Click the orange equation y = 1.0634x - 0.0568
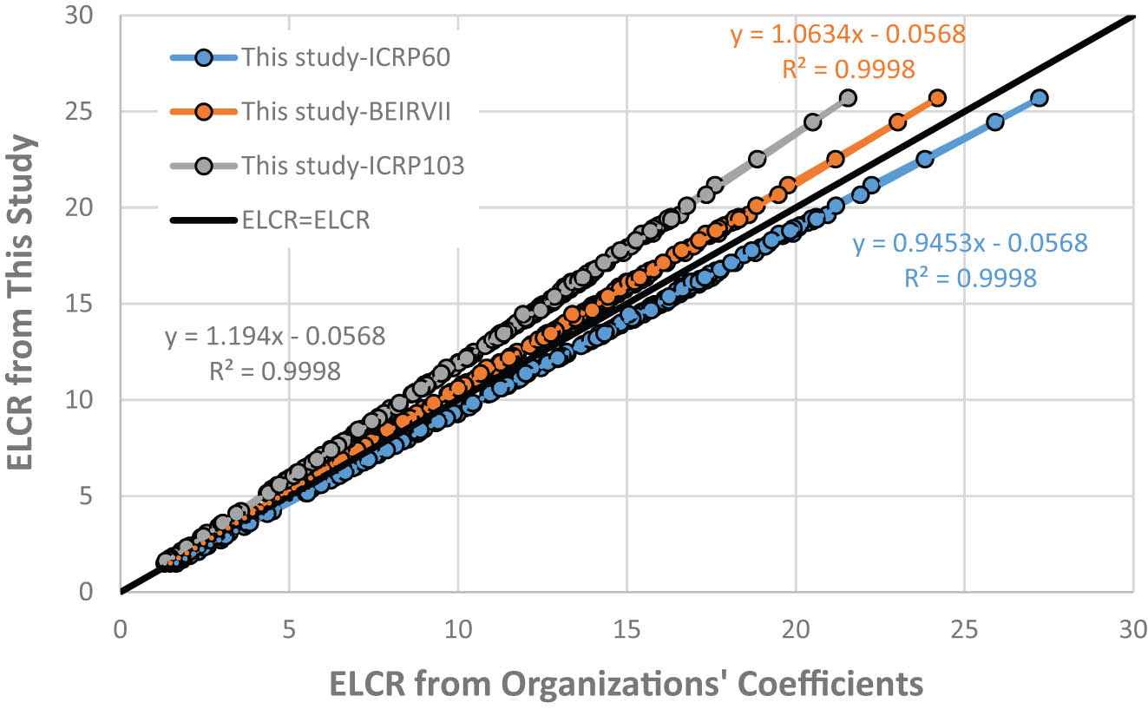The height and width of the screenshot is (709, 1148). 847,35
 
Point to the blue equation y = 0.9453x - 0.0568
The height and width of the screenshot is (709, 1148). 969,243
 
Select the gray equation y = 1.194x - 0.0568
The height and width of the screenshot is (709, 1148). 275,337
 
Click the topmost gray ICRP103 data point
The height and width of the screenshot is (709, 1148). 848,98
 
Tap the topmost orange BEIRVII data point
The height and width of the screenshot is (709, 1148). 937,98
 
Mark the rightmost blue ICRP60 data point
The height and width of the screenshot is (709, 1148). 1039,98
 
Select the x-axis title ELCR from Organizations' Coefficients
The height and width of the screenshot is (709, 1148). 626,684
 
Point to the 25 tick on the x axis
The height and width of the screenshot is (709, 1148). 964,627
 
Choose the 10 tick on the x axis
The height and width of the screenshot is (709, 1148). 457,627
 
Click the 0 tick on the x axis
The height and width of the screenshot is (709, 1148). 121,627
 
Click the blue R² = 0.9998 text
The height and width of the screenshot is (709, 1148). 969,279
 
